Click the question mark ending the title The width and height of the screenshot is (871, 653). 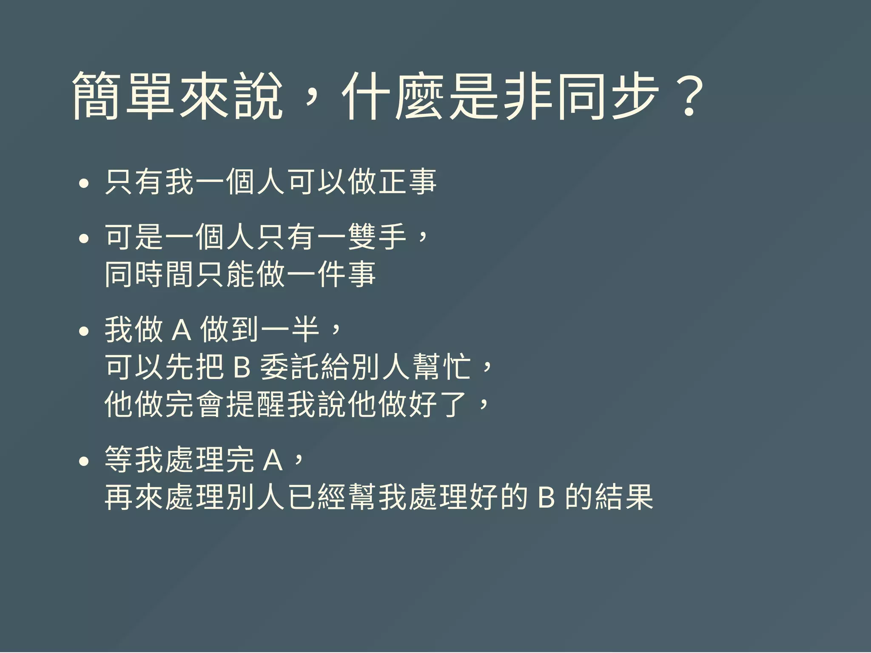coord(689,97)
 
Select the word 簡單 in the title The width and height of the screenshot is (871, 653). coord(123,96)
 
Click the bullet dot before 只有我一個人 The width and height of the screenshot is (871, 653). coord(84,184)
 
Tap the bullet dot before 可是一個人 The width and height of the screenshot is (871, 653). coord(84,238)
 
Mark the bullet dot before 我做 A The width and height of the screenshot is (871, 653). coord(84,331)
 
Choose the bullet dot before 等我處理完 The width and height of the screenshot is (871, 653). coord(84,461)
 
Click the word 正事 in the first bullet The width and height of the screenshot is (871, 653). coord(407,182)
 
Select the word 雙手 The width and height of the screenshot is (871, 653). coord(377,236)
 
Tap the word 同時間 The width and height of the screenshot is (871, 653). coord(150,274)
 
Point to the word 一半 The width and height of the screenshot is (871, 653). coord(290,329)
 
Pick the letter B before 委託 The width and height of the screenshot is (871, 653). coord(242,367)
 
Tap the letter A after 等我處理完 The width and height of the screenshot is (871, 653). coord(273,460)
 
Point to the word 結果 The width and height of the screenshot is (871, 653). coord(624,497)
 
